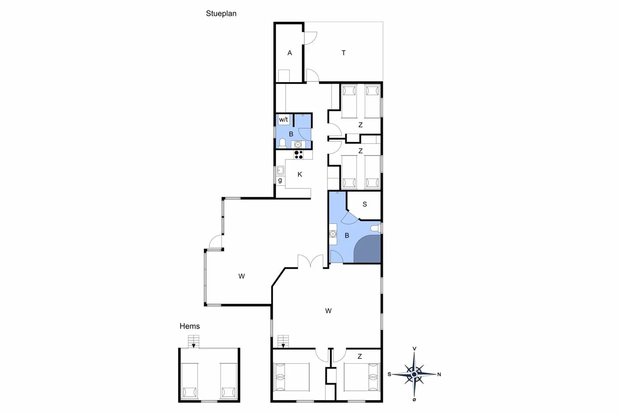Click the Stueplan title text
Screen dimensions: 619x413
tap(221, 14)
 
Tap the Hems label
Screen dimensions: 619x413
tap(190, 326)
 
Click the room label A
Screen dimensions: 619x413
tap(290, 53)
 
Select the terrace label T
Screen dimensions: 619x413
tap(344, 53)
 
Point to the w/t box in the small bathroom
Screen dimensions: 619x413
tap(284, 120)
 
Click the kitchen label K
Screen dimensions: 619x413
tap(300, 175)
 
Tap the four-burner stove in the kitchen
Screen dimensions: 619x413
tap(299, 155)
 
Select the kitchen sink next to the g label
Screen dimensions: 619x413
tap(280, 170)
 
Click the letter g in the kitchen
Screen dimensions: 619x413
tap(280, 180)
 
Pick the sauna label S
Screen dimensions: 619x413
tap(365, 204)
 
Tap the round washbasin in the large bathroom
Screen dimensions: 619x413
tap(333, 234)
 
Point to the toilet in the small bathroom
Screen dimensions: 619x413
tap(282, 143)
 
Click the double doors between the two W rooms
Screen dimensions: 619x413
tap(310, 261)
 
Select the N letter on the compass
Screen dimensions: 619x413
tap(439, 375)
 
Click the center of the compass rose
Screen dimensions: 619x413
tap(414, 374)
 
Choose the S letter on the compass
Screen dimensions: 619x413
tap(389, 374)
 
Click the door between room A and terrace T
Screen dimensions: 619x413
tap(310, 38)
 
